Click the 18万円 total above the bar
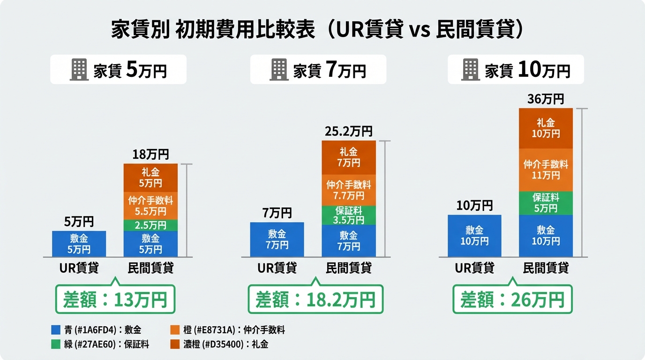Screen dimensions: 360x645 pyautogui.click(x=150, y=154)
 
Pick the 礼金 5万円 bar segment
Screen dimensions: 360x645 pyautogui.click(x=150, y=178)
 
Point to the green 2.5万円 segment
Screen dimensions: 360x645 pyautogui.click(x=150, y=225)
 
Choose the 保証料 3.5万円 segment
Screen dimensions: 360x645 pyautogui.click(x=348, y=215)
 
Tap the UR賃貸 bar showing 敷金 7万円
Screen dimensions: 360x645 pyautogui.click(x=277, y=239)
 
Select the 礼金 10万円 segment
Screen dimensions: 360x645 pyautogui.click(x=546, y=128)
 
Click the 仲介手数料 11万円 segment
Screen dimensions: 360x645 pyautogui.click(x=546, y=170)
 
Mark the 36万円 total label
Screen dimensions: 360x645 pyautogui.click(x=546, y=99)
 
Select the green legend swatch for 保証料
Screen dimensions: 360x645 pyautogui.click(x=56, y=345)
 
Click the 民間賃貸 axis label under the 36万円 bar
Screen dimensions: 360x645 pyautogui.click(x=546, y=268)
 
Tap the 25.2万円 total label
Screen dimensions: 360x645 pyautogui.click(x=348, y=131)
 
